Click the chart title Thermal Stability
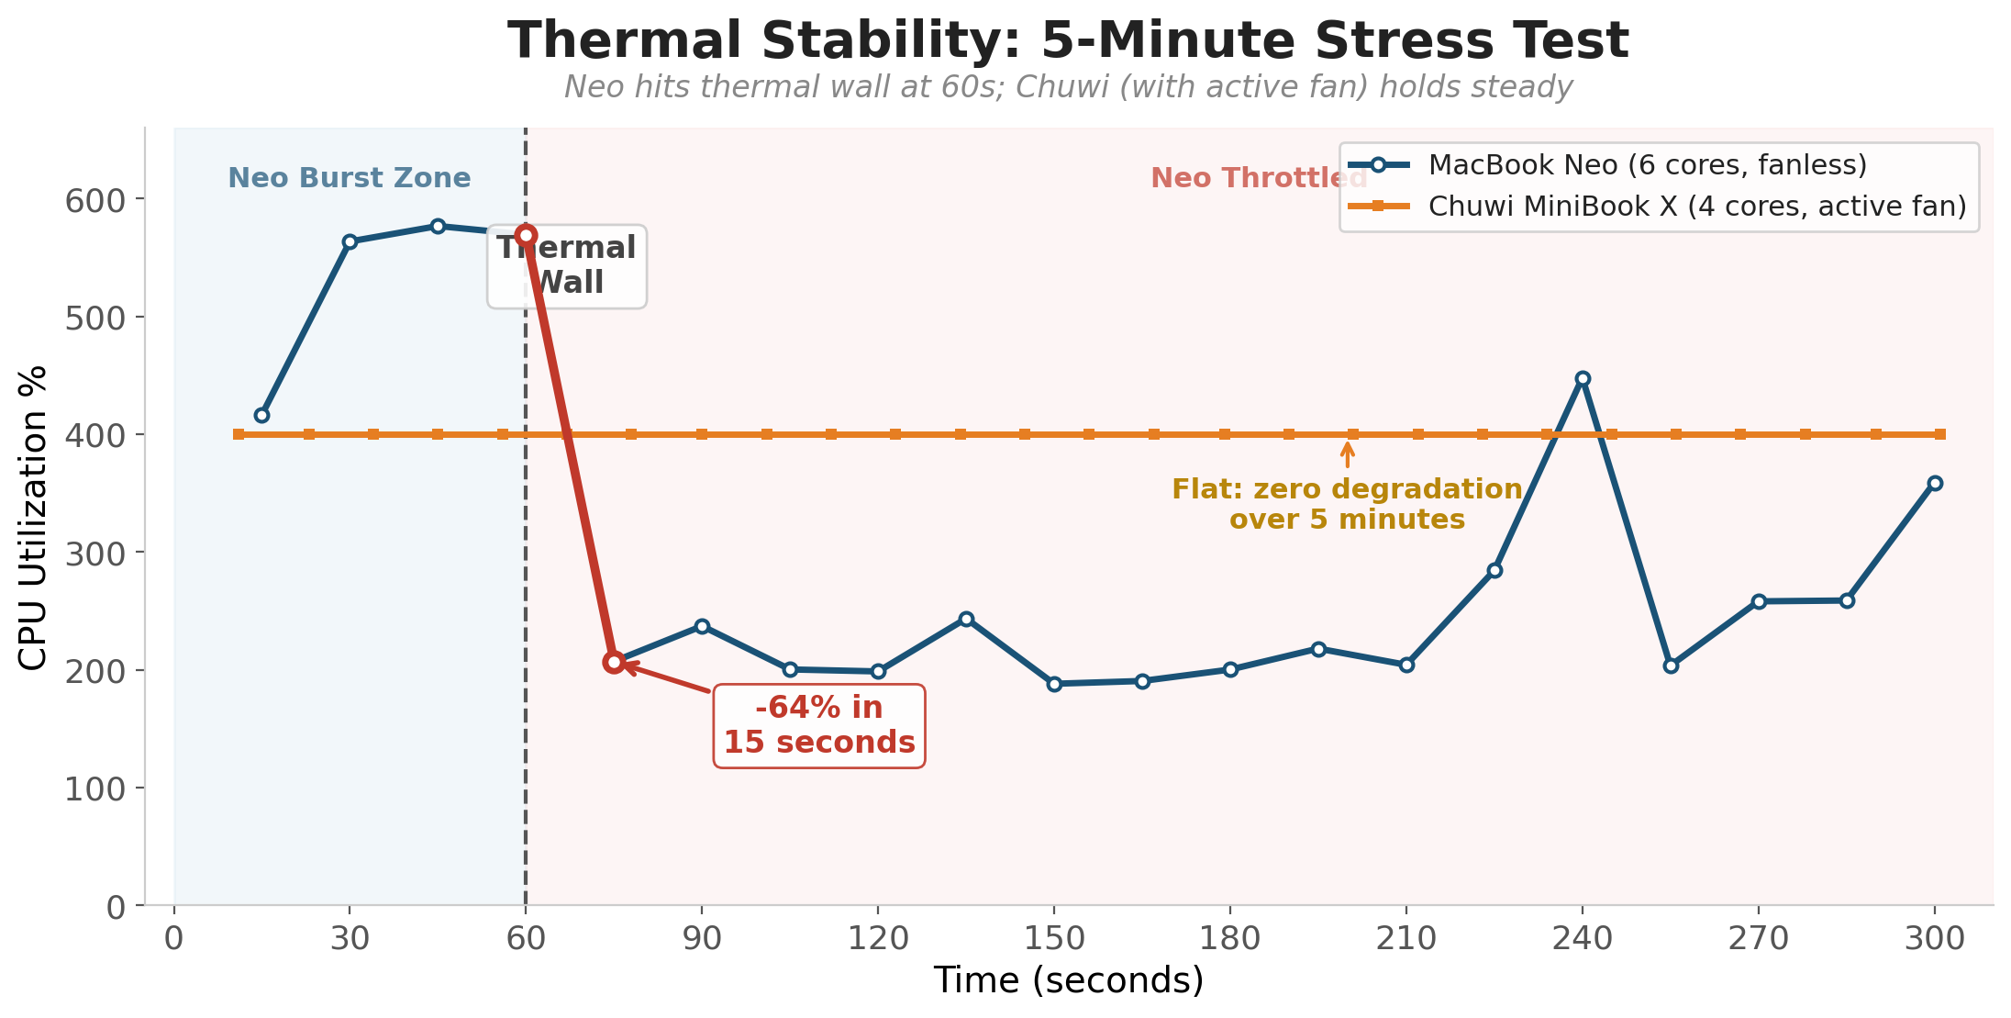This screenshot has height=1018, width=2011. (x=1068, y=41)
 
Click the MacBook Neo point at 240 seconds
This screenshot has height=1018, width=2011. (x=1583, y=378)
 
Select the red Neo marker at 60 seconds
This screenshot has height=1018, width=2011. (x=526, y=235)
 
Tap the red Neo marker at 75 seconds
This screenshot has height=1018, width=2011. (x=614, y=662)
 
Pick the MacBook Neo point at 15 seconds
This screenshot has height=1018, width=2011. (x=261, y=415)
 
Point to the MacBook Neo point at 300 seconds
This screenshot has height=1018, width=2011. (x=1935, y=483)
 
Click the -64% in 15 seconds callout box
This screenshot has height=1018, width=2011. (x=819, y=725)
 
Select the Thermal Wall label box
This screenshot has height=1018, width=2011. (x=566, y=265)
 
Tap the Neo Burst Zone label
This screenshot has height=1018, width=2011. (x=349, y=178)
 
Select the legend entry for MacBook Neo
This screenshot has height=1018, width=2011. (x=1647, y=165)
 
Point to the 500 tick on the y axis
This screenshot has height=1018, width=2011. (x=95, y=318)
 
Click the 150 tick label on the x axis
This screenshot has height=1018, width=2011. (x=1054, y=939)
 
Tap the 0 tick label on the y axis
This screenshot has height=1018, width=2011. (x=116, y=908)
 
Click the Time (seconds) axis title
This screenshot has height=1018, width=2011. (x=1068, y=980)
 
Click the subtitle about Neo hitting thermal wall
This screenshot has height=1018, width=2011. (x=1068, y=87)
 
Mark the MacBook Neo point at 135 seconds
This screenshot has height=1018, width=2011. (x=966, y=619)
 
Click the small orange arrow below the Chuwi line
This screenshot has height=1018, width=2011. (x=1347, y=454)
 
